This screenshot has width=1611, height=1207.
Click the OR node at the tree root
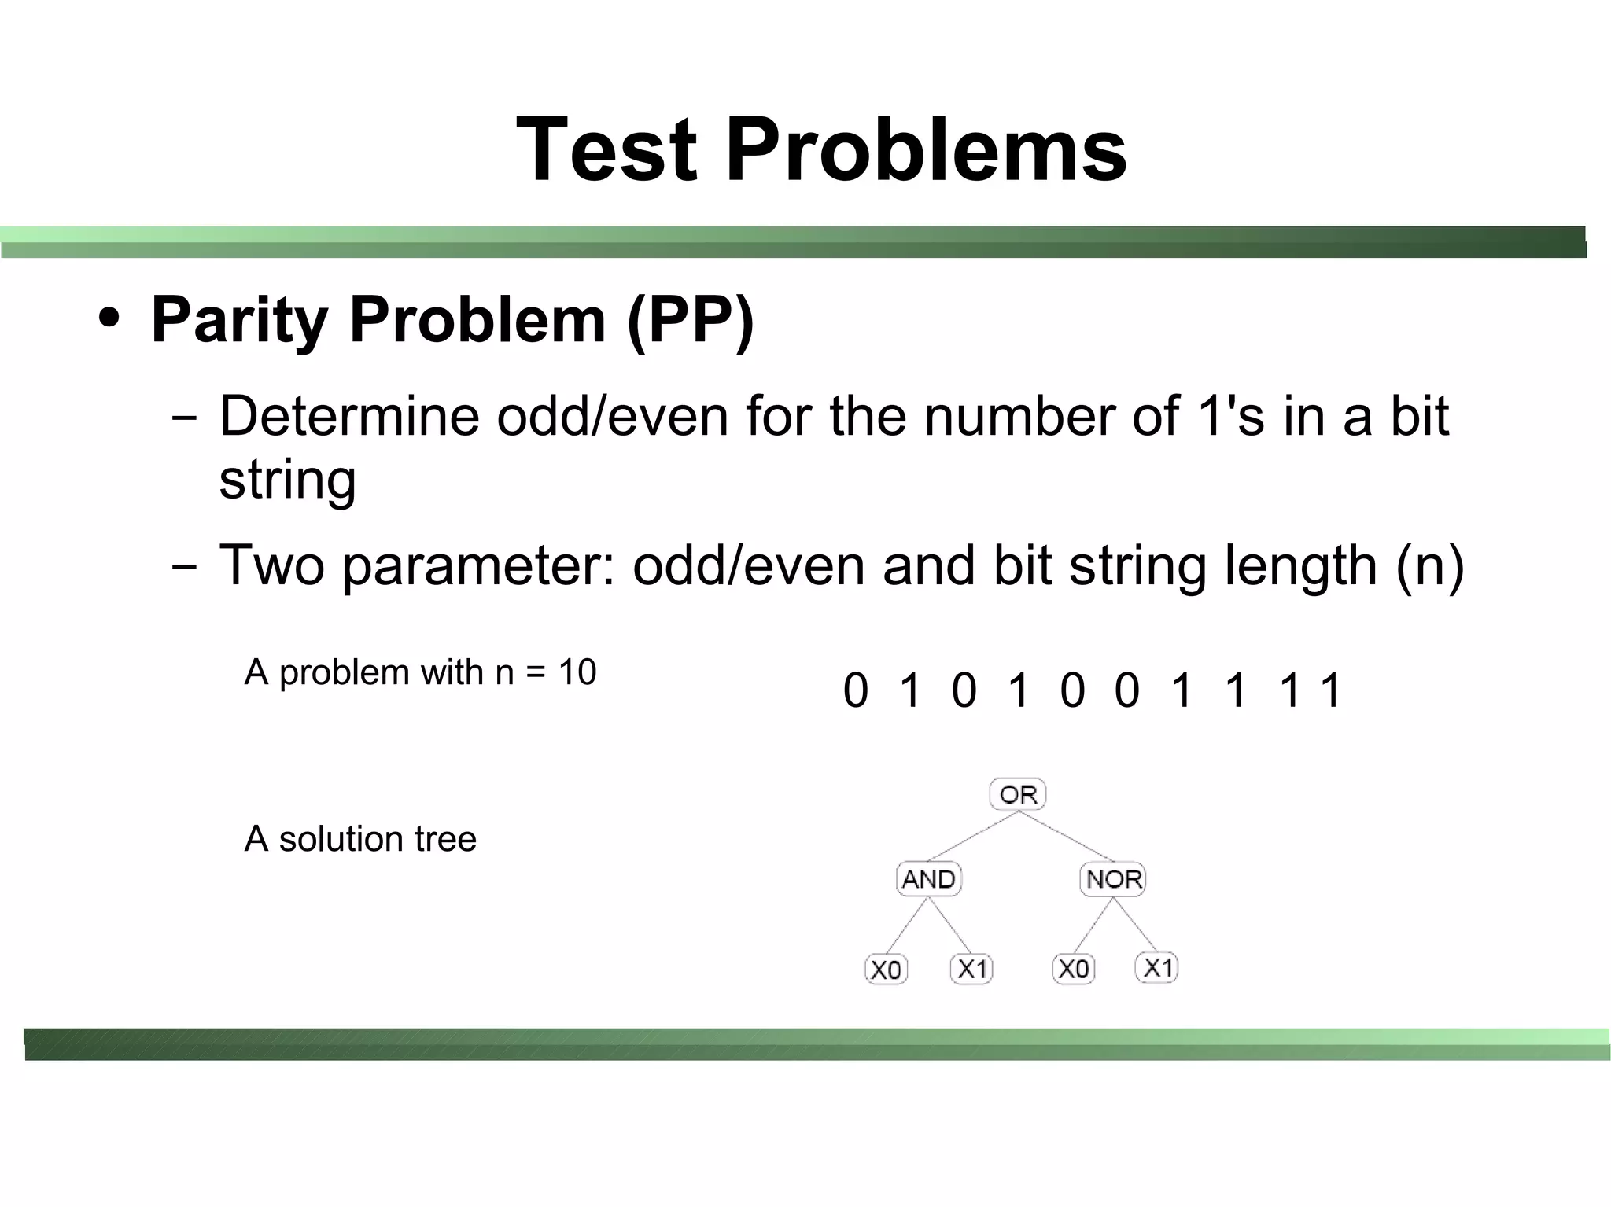[x=1018, y=794]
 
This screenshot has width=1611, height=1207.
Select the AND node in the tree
[x=928, y=879]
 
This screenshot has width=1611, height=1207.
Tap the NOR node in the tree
[x=1113, y=879]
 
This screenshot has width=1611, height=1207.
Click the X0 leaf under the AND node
[x=886, y=970]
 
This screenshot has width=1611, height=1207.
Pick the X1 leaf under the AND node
[x=971, y=970]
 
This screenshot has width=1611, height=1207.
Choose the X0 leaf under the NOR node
[x=1073, y=970]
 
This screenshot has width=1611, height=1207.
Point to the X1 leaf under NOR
[x=1157, y=968]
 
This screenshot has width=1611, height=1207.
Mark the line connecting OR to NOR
[x=1066, y=836]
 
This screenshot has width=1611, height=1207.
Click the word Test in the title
[x=606, y=149]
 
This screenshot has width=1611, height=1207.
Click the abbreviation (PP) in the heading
[x=690, y=320]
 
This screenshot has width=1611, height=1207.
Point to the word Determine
[x=348, y=416]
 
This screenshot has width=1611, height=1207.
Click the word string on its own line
[x=287, y=480]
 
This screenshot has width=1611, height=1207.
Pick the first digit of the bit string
[x=855, y=690]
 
